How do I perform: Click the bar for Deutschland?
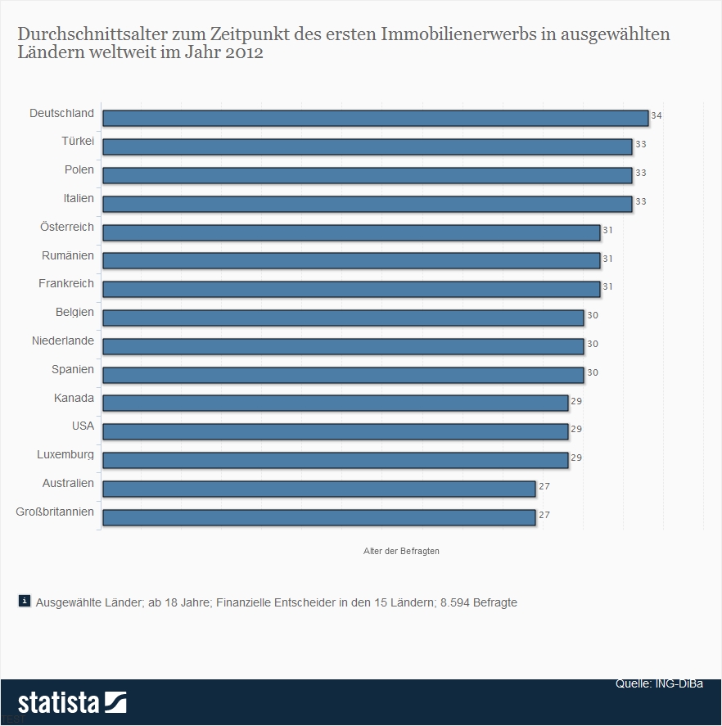pyautogui.click(x=375, y=118)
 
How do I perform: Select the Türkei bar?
pyautogui.click(x=367, y=147)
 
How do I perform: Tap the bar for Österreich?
pyautogui.click(x=351, y=232)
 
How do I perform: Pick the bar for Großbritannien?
pyautogui.click(x=318, y=517)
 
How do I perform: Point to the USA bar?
pyautogui.click(x=335, y=431)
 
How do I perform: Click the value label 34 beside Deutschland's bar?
pyautogui.click(x=656, y=116)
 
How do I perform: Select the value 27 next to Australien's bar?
pyautogui.click(x=544, y=486)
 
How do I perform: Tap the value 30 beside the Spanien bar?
pyautogui.click(x=592, y=372)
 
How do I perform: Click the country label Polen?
pyautogui.click(x=79, y=170)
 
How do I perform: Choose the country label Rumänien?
pyautogui.click(x=68, y=255)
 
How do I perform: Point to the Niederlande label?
pyautogui.click(x=63, y=340)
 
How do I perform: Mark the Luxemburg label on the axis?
pyautogui.click(x=65, y=454)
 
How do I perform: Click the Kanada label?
pyautogui.click(x=74, y=398)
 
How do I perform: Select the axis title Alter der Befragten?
pyautogui.click(x=401, y=551)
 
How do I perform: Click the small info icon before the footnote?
pyautogui.click(x=25, y=601)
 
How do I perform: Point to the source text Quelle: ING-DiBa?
pyautogui.click(x=659, y=683)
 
